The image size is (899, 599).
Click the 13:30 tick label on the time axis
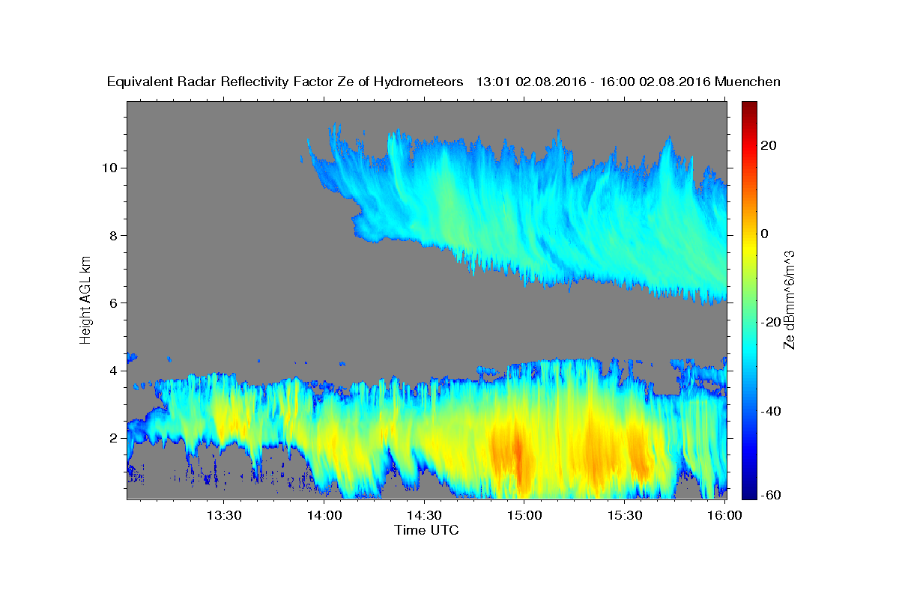224,515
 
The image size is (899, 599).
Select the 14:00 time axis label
324,515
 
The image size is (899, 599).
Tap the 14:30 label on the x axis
424,515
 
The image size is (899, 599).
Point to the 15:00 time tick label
524,515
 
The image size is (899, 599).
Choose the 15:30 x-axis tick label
625,515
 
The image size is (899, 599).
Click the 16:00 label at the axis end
724,515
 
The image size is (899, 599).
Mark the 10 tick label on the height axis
109,168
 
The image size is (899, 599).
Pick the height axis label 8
113,236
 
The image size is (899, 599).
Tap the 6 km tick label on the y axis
113,303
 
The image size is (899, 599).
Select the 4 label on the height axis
113,371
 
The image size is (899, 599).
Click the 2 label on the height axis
113,438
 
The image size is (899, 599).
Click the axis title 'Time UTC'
426,530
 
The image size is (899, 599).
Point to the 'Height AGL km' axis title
85,300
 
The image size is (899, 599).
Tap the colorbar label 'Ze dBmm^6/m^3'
789,300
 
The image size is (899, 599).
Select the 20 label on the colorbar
768,145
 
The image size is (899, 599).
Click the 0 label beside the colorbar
765,234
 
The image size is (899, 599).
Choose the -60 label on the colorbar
771,495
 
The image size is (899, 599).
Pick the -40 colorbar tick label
771,411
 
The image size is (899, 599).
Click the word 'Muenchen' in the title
748,82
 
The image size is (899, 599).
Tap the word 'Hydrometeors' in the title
419,82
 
